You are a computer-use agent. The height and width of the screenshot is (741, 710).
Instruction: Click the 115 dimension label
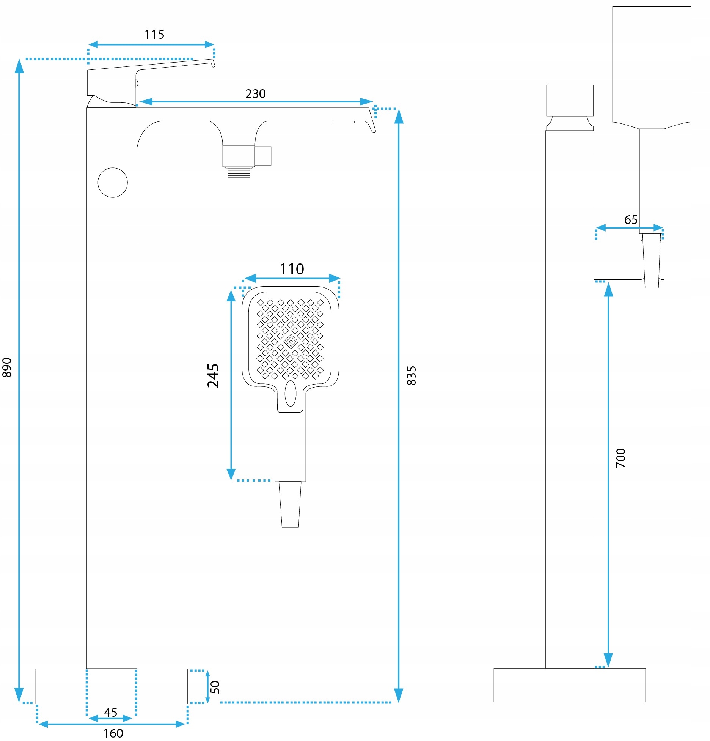click(x=154, y=35)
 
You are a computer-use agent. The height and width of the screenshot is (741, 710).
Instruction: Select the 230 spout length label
click(x=255, y=94)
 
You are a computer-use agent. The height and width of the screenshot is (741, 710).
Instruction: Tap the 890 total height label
click(x=7, y=367)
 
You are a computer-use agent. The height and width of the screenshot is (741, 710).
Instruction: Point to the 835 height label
click(x=412, y=376)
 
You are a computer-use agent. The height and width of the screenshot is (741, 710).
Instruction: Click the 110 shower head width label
click(x=292, y=269)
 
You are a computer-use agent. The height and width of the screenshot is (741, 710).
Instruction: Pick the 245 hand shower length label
click(x=213, y=375)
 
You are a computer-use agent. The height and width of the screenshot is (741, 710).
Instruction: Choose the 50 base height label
click(x=215, y=687)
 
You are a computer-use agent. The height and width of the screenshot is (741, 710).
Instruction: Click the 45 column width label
click(x=111, y=712)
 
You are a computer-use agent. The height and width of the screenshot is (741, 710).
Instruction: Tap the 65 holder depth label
click(x=631, y=220)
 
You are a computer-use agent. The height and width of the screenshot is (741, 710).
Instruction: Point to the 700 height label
click(x=621, y=458)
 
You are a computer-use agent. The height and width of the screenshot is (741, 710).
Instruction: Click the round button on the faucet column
click(x=113, y=183)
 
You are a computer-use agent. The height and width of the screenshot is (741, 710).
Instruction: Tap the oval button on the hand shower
click(x=291, y=393)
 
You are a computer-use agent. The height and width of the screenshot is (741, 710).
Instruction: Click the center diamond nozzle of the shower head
click(x=291, y=342)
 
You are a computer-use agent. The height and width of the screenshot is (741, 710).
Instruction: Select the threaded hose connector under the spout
click(x=239, y=173)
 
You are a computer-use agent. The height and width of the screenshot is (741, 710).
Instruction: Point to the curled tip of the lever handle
click(x=213, y=63)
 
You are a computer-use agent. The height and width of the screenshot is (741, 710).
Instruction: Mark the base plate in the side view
click(x=569, y=686)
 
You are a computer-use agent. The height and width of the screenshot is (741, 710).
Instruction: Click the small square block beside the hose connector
click(x=263, y=156)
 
